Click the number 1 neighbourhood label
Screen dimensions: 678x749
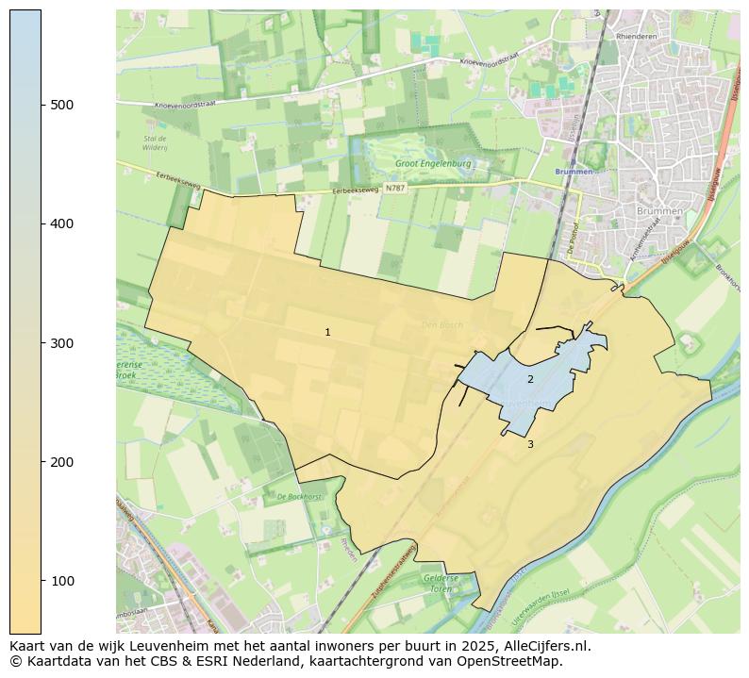[x=327, y=332]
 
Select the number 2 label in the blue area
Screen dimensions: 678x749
[x=530, y=379]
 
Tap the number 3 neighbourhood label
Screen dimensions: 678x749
[x=530, y=444]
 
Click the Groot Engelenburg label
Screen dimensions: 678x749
[x=433, y=163]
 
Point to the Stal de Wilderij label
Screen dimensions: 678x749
[x=155, y=143]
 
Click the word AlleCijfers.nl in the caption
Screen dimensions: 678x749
[x=549, y=646]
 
